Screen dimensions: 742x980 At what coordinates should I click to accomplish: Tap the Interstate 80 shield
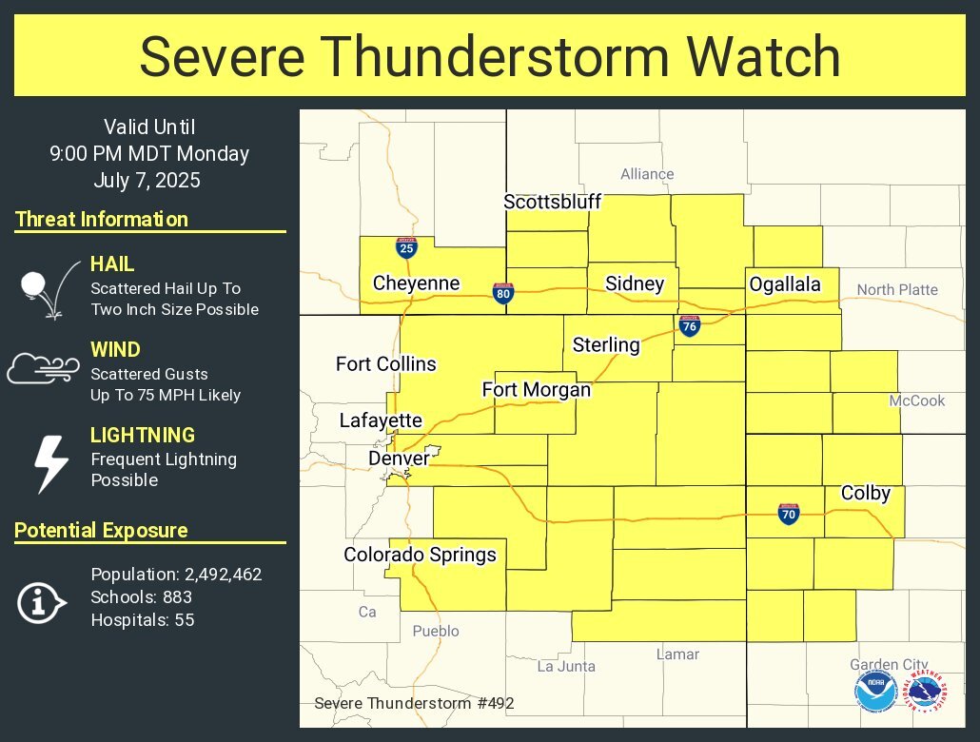click(x=503, y=294)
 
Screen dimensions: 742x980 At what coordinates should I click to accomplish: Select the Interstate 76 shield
click(x=690, y=326)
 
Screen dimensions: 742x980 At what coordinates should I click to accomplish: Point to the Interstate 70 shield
click(x=788, y=515)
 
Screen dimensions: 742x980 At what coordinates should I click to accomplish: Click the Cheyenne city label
click(x=416, y=283)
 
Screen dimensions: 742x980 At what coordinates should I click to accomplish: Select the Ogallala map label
click(x=784, y=284)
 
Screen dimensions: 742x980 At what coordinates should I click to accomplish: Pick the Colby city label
click(x=865, y=493)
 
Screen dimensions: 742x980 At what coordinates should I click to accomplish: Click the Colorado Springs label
click(x=420, y=555)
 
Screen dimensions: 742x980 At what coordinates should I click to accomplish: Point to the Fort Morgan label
click(x=536, y=390)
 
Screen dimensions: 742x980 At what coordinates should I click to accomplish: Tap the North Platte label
click(x=896, y=289)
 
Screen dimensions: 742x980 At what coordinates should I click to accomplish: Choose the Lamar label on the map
click(x=677, y=654)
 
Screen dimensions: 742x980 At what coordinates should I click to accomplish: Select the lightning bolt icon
click(x=50, y=464)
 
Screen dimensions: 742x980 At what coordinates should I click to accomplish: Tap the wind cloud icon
click(x=44, y=368)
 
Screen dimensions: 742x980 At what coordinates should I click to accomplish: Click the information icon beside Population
click(x=41, y=601)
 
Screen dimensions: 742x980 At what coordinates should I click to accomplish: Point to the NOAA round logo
click(x=873, y=691)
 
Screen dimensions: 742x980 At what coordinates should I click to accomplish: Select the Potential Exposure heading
click(x=101, y=531)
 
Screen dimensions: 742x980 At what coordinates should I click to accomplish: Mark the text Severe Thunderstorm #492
click(x=414, y=704)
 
